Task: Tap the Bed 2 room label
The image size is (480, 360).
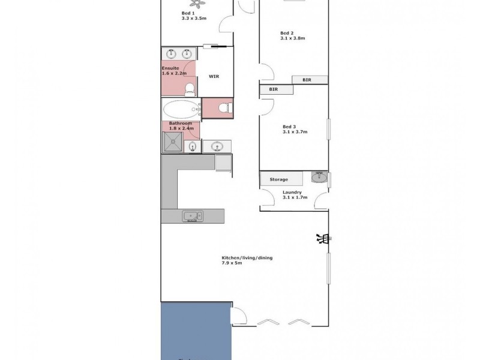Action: pos(287,33)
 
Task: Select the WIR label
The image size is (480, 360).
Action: pos(214,77)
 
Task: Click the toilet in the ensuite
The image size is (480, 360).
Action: pos(190,89)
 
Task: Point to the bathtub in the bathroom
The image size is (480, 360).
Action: pos(180,110)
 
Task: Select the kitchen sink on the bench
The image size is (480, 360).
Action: pos(192,216)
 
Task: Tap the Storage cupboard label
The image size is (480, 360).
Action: pos(279,179)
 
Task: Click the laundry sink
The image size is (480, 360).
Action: pos(319,178)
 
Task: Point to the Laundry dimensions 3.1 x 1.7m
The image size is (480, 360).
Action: pos(295,197)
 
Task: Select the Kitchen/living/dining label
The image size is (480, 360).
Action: pos(247,258)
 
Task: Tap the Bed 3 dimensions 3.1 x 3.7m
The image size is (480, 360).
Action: pos(295,133)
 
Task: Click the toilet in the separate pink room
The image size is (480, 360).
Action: pos(224,108)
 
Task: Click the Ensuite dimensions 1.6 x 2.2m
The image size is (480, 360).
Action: pos(174,74)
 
